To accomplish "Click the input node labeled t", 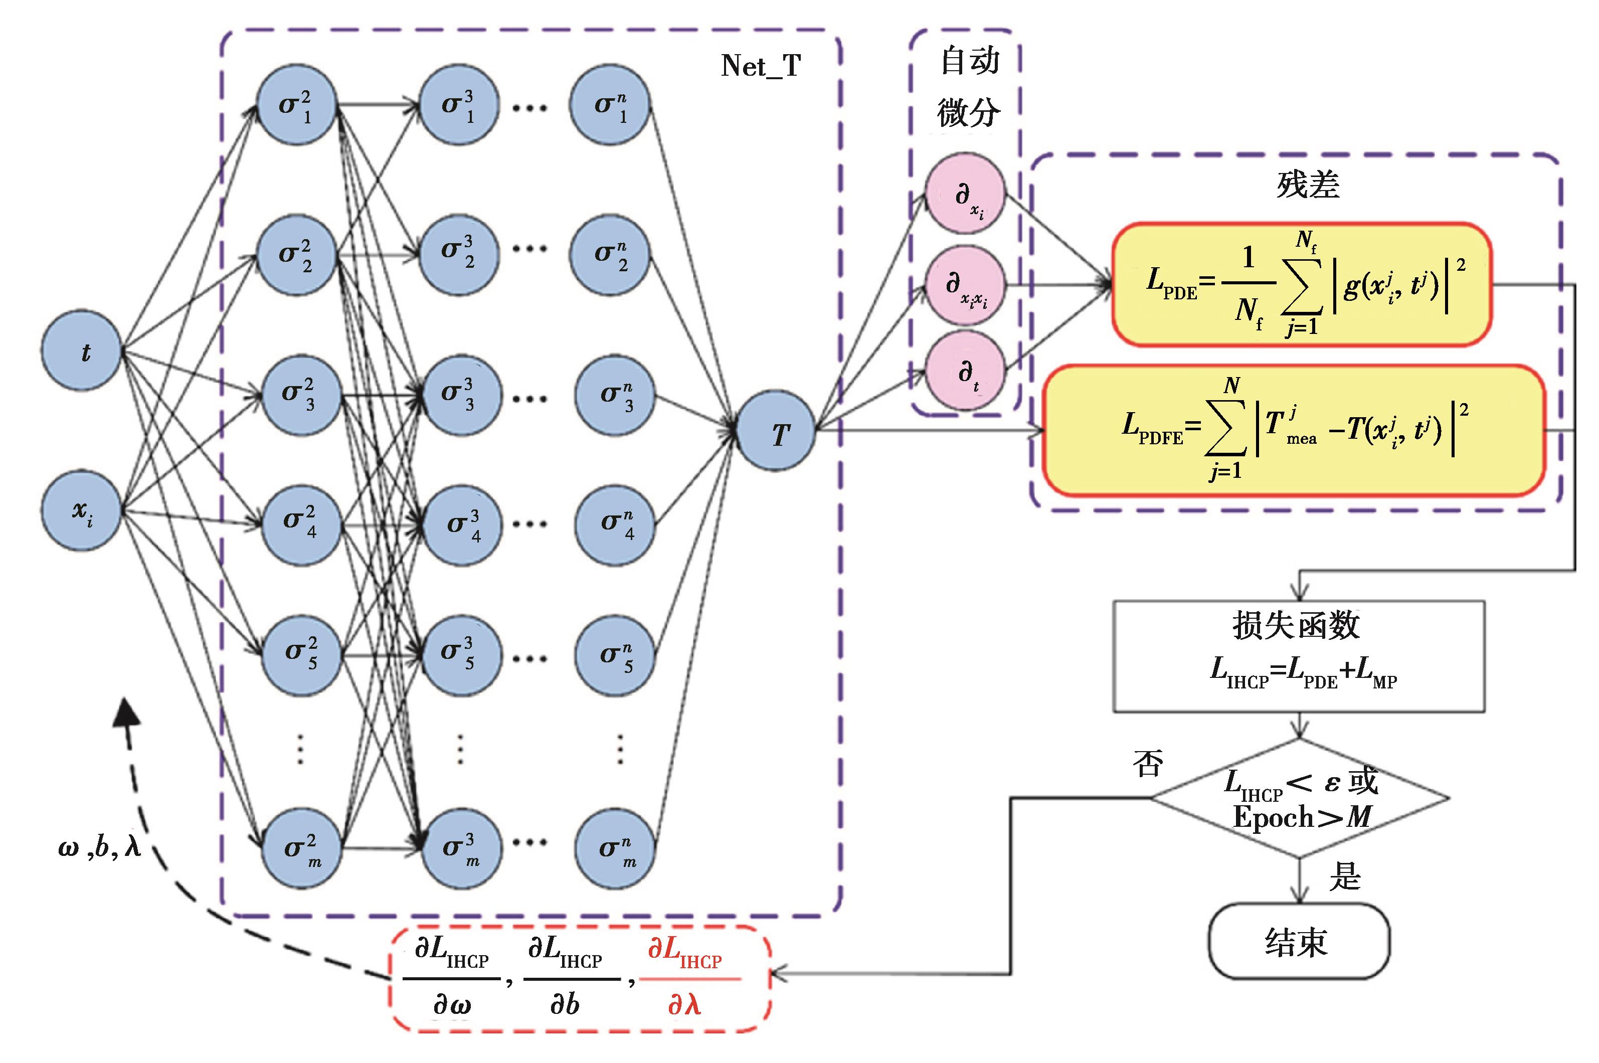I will point(81,350).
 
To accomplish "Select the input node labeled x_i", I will point(81,510).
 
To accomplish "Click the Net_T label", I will point(761,66).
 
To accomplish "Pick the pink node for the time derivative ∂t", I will point(966,372).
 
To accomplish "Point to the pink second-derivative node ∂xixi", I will point(966,285).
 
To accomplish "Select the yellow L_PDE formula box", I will point(1302,285).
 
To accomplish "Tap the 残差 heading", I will point(1308,185).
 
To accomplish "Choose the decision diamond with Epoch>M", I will point(1300,799).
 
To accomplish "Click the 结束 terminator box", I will point(1299,941).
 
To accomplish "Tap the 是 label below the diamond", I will point(1345,876).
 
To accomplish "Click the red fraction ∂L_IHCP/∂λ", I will point(686,978).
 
